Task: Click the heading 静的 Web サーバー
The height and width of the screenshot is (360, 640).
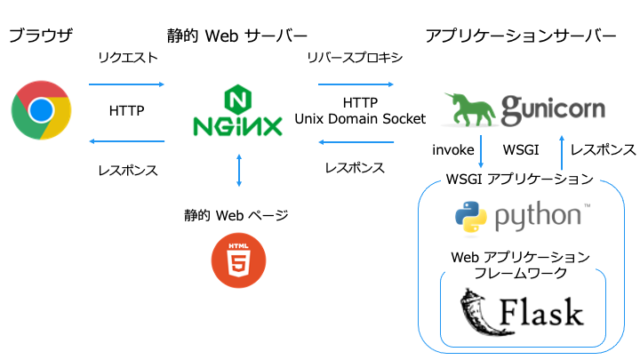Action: click(x=239, y=36)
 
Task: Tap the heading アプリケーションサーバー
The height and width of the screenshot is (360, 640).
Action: click(x=520, y=36)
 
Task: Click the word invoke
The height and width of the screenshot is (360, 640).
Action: click(x=452, y=150)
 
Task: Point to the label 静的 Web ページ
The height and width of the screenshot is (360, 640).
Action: click(x=239, y=214)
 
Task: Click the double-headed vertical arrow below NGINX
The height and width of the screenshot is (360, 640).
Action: click(x=239, y=170)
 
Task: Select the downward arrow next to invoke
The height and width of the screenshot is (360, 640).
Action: click(x=484, y=150)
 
